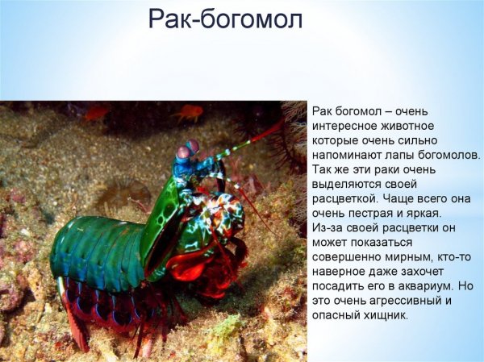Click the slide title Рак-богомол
pos(225,19)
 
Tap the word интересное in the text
pos(343,126)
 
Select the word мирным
pos(411,256)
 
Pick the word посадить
pos(340,285)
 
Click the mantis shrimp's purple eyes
pos(188,149)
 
